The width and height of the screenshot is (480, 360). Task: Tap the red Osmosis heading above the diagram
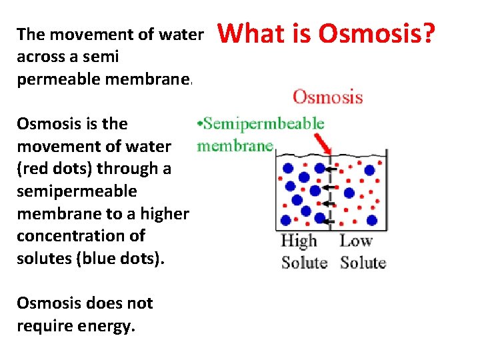(x=327, y=97)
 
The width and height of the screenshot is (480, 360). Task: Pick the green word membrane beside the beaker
(x=235, y=145)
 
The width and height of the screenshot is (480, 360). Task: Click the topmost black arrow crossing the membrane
(x=332, y=170)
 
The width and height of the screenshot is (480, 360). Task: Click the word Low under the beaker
(x=356, y=241)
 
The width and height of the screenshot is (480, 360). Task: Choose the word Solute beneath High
(x=304, y=262)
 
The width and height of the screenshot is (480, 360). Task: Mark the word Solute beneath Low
(x=363, y=262)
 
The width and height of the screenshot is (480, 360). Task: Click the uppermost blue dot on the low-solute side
(x=369, y=171)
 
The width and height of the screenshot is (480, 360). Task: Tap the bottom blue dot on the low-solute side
(x=371, y=220)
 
